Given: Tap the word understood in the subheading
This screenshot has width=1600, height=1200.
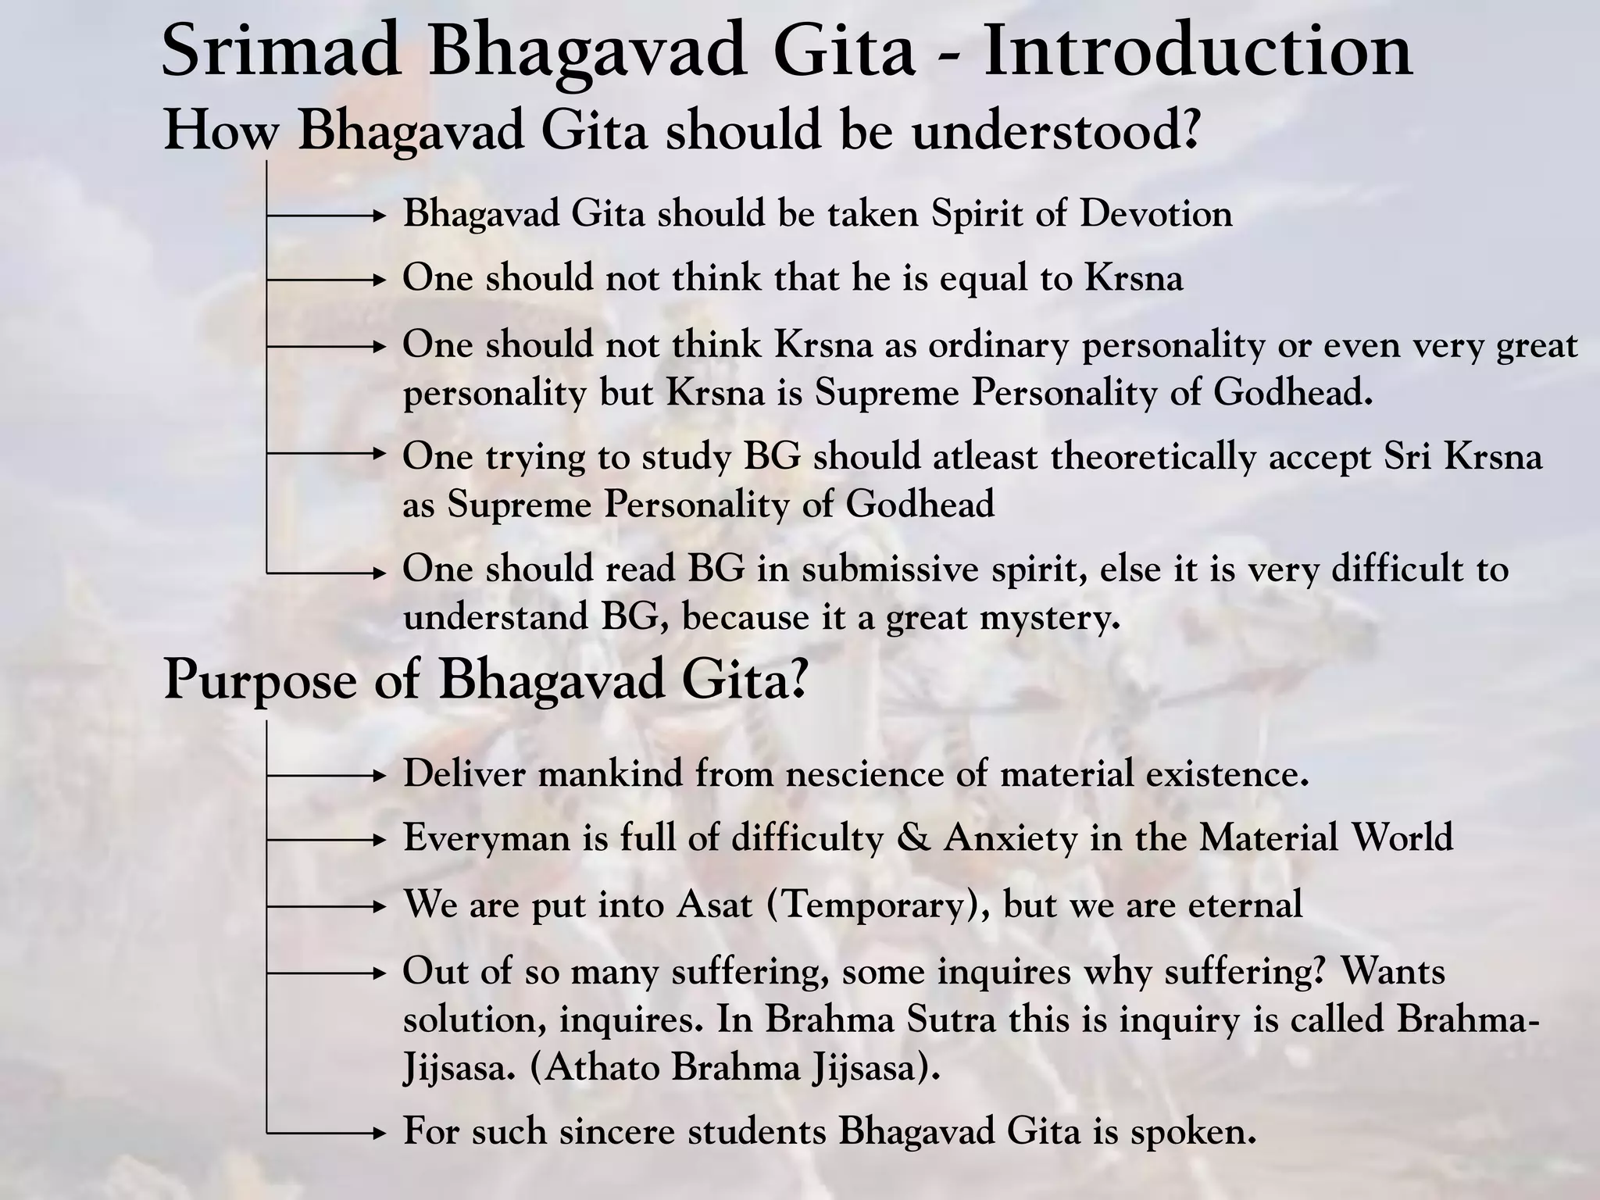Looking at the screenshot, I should pos(1055,131).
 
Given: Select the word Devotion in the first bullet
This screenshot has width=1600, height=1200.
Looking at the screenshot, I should pos(1155,214).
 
